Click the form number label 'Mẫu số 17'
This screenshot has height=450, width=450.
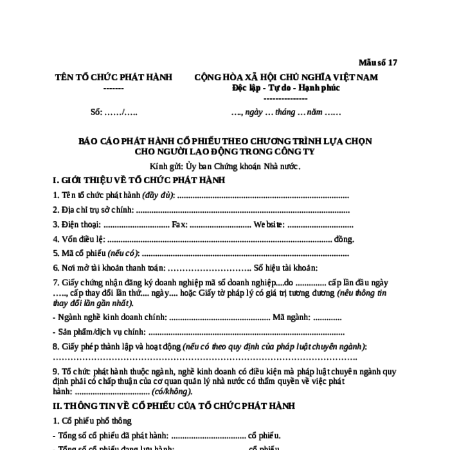(x=378, y=62)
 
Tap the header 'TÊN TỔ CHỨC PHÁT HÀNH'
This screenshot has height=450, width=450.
(x=113, y=77)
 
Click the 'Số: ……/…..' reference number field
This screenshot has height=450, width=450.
(x=113, y=111)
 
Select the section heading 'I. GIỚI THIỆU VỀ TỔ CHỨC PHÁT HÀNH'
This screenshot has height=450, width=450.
(x=138, y=179)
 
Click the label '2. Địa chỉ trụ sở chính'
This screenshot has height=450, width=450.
(x=93, y=210)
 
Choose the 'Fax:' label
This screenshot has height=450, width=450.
(x=179, y=224)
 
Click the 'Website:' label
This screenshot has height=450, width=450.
(x=269, y=224)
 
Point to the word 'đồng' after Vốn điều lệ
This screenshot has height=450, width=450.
(x=344, y=239)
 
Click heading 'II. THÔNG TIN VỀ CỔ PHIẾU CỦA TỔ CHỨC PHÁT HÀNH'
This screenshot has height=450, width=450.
(x=174, y=406)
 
